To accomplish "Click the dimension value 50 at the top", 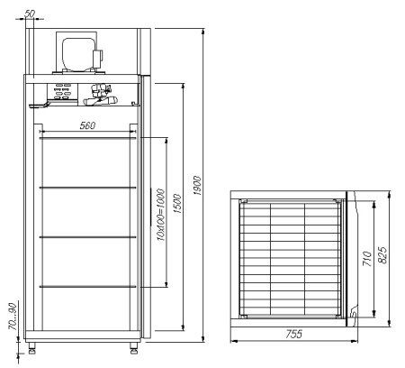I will pos(31,12).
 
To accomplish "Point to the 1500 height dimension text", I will pos(177,205).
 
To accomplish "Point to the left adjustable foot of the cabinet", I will pos(33,345).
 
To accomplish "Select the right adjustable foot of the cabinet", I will pos(135,345).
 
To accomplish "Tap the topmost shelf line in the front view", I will pos(88,138).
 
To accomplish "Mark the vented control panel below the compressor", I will pos(66,89).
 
